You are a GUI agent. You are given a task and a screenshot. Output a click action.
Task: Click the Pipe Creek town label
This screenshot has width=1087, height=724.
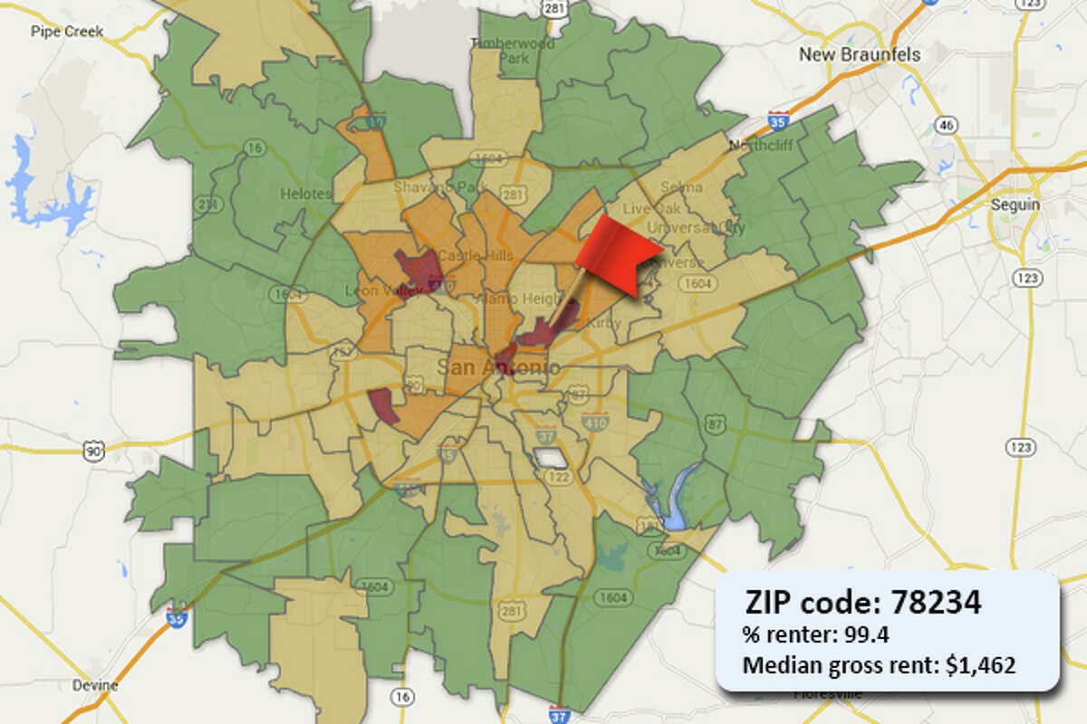point(67,32)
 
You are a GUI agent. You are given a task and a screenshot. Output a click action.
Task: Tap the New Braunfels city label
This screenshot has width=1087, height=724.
point(859,55)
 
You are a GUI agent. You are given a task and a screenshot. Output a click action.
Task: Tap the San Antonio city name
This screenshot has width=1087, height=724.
point(497,367)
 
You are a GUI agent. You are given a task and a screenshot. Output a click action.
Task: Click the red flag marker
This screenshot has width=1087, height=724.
point(625,249)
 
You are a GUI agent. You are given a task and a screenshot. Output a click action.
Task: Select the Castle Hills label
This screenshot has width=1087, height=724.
point(463,256)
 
